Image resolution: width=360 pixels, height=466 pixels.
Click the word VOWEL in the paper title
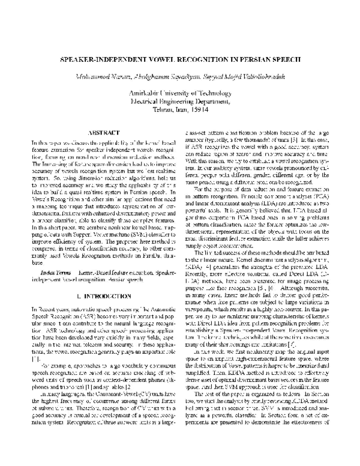coord(165,61)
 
